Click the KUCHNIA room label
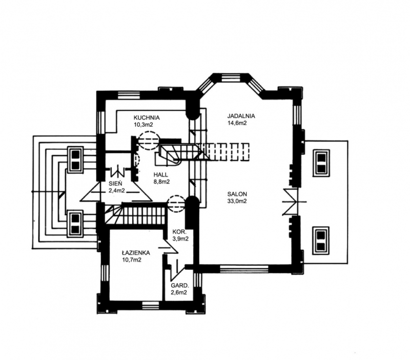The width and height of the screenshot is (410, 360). coord(147,118)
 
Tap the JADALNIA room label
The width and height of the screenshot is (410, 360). coord(241,116)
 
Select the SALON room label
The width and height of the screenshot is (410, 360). coord(237,194)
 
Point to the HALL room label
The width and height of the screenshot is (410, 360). coord(161,175)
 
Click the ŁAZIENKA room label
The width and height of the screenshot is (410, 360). coord(136,253)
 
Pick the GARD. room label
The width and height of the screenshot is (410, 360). coord(180,286)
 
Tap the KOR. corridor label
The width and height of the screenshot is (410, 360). coord(179,232)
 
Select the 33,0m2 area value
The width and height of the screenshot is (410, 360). coord(237,201)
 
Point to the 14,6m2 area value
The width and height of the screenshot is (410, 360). coord(237,123)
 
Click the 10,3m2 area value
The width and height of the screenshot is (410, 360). coord(143,125)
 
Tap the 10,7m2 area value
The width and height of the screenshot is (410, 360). coord(132,260)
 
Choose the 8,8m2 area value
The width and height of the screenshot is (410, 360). coord(161,182)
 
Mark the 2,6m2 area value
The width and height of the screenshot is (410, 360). coord(179,292)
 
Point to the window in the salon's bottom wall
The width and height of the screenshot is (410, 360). coord(244,269)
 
